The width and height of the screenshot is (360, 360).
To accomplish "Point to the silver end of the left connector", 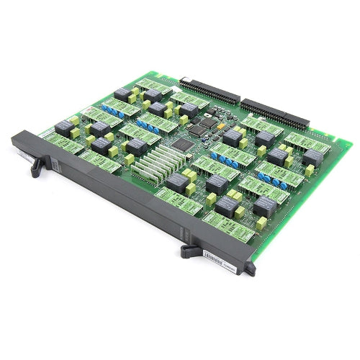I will coord(181,79).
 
